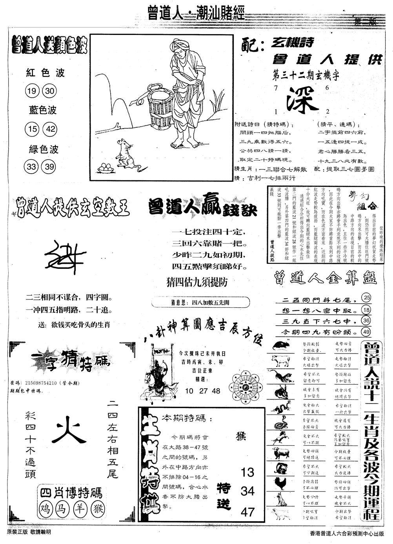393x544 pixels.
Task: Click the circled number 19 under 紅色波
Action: [x=31, y=92]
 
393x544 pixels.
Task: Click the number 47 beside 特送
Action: [x=247, y=511]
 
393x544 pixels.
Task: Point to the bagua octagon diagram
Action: [x=246, y=385]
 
